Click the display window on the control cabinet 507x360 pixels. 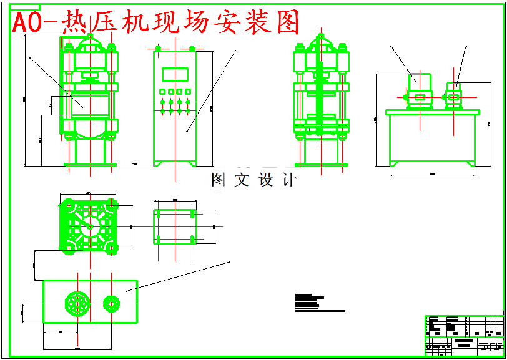[175, 74]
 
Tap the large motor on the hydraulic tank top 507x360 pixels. [419, 97]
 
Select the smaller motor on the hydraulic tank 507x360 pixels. [454, 96]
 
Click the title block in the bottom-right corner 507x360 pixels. [464, 336]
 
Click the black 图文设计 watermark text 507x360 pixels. [253, 180]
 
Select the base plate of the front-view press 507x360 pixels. [90, 165]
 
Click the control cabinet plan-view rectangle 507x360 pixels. [175, 225]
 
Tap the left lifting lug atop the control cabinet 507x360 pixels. [159, 48]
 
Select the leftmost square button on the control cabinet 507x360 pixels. [162, 91]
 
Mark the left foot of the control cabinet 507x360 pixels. [159, 163]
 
